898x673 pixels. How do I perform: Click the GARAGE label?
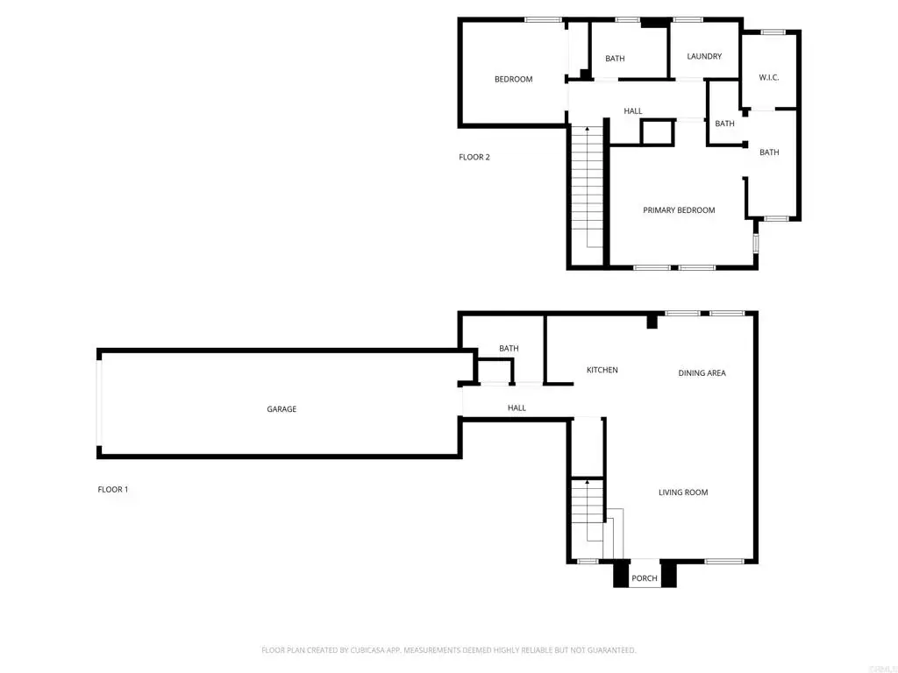pos(282,409)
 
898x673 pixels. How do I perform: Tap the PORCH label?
pos(645,578)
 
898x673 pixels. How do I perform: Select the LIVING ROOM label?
pos(682,492)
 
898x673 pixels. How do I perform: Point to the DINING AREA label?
pos(702,373)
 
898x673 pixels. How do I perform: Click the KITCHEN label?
pos(602,371)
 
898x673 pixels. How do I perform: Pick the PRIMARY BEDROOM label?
pos(679,210)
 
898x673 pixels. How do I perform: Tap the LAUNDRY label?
pos(704,56)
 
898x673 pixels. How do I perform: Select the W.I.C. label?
pos(768,77)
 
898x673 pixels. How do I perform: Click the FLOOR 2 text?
pos(474,157)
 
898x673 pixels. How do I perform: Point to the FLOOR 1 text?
pos(113,489)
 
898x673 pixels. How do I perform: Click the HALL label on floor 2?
pos(633,111)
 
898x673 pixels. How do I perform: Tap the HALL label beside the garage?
pos(517,408)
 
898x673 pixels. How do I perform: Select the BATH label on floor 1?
pos(509,348)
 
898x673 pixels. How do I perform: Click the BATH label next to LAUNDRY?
pos(615,59)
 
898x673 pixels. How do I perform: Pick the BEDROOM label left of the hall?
pos(513,79)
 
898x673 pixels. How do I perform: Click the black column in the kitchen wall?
pos(652,322)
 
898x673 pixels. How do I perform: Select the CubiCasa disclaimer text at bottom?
pos(448,650)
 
